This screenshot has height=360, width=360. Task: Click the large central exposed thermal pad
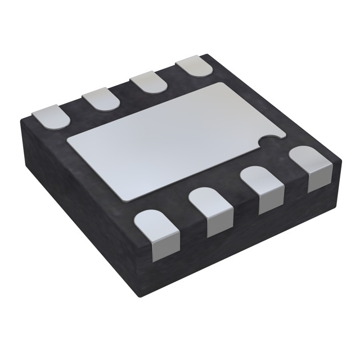[169, 141]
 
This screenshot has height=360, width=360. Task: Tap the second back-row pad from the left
[102, 100]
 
